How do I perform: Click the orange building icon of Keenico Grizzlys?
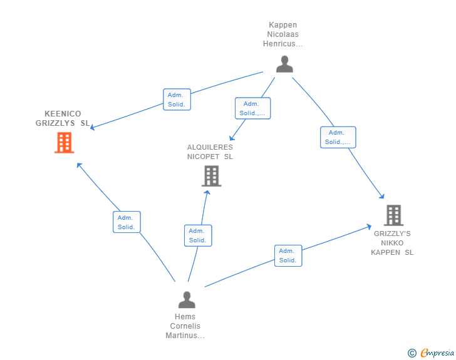click(64, 143)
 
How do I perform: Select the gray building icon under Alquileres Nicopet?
click(212, 176)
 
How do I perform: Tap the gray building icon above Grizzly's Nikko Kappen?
click(393, 215)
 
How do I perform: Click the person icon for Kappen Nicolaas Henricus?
click(284, 64)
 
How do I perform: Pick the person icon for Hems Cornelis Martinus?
click(187, 301)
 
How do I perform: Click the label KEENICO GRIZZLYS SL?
click(63, 118)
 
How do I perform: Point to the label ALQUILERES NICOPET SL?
click(210, 152)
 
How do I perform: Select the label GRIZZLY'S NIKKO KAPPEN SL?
click(392, 243)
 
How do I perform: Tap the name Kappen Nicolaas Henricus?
click(282, 34)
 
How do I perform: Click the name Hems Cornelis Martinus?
click(185, 326)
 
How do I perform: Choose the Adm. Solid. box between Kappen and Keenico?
click(177, 100)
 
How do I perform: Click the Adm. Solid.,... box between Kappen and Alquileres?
click(252, 108)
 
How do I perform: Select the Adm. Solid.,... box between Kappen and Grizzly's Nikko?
click(338, 137)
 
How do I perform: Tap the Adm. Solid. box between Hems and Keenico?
click(127, 222)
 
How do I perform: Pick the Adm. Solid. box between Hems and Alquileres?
click(198, 235)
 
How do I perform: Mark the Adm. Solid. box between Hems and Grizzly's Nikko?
click(288, 255)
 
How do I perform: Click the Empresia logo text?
click(437, 353)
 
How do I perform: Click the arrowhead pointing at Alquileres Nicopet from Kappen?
click(231, 138)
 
